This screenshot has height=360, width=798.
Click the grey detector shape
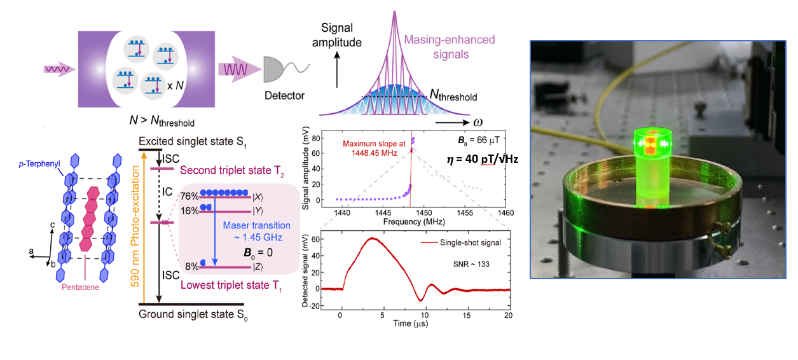click(x=280, y=68)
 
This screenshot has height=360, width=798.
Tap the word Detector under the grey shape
click(x=284, y=96)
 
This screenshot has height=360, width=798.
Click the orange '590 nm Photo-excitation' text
click(x=134, y=223)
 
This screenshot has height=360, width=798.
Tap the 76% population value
click(x=189, y=195)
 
